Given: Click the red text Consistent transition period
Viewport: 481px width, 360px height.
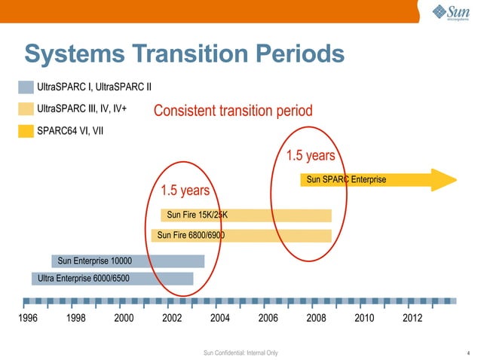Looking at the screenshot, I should pos(232,111).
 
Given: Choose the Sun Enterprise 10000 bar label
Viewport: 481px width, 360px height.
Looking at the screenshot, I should pos(94,261).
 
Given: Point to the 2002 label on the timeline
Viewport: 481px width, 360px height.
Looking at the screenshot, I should pos(173,318).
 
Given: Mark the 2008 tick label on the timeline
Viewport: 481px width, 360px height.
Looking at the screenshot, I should pos(317,318).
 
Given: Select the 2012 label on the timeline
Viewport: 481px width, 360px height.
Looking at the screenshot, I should pos(412,318).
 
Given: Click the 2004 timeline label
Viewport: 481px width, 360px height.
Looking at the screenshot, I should pos(220,318).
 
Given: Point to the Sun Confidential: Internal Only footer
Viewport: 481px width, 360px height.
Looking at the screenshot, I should pos(240,352).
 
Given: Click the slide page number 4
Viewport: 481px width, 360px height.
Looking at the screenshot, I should pos(469,352).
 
